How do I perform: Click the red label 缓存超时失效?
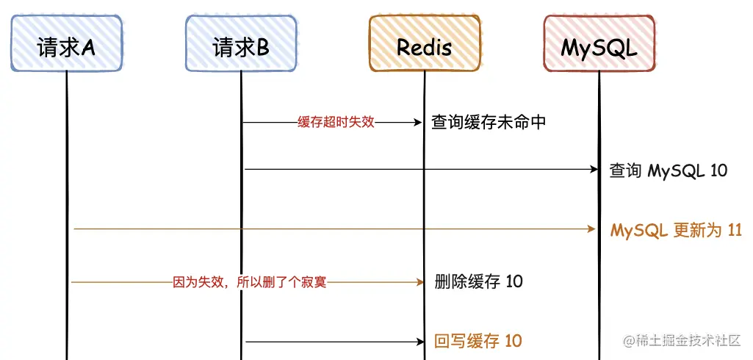(x=336, y=122)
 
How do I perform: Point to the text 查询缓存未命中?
(x=489, y=122)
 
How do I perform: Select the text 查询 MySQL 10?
(x=669, y=170)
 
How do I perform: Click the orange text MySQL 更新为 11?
(x=676, y=230)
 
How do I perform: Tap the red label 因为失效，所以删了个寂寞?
(x=249, y=281)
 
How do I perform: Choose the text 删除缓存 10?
(x=478, y=281)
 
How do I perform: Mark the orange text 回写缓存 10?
(x=478, y=341)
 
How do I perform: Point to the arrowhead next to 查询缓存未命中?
(x=419, y=122)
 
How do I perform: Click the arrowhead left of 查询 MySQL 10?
(x=595, y=170)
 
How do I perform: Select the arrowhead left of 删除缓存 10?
(x=420, y=281)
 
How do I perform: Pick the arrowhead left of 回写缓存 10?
(x=420, y=341)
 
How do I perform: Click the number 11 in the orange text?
(x=734, y=230)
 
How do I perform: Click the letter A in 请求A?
(x=88, y=48)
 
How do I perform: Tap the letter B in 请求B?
(x=262, y=48)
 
